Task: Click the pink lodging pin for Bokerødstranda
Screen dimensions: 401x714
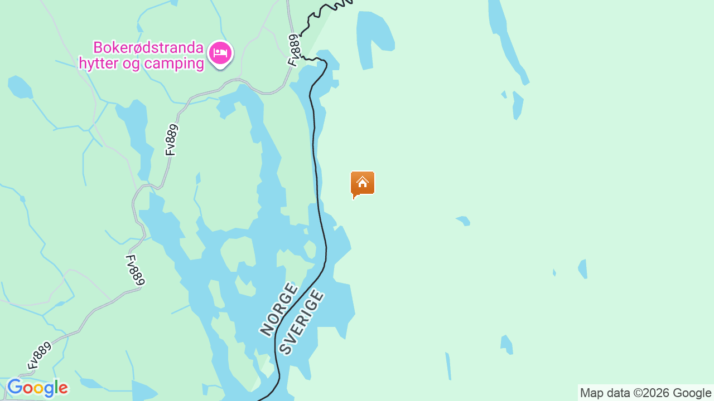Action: coord(220,53)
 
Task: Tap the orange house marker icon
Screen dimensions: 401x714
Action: coord(363,183)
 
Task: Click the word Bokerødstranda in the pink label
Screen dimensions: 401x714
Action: coord(148,47)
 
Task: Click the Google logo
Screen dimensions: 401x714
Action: coord(37,388)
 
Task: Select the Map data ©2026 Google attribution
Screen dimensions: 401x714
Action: coord(645,393)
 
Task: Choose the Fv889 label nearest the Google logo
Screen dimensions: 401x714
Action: coord(39,356)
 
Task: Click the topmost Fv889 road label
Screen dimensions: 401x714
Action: coord(294,50)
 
